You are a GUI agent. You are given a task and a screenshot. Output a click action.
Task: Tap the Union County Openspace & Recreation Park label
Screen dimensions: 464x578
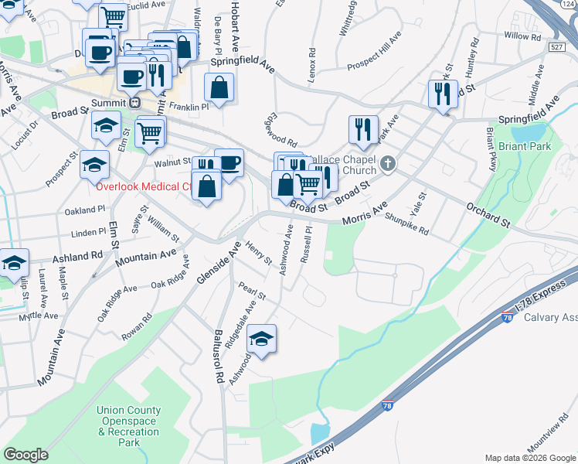point(129,427)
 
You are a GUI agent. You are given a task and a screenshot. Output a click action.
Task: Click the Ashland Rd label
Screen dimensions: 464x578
point(77,255)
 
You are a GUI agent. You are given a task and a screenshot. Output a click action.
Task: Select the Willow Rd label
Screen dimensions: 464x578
point(522,36)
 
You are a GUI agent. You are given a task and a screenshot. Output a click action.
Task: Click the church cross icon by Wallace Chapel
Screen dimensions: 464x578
point(388,164)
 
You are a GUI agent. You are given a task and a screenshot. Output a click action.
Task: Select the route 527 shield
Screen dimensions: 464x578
point(556,48)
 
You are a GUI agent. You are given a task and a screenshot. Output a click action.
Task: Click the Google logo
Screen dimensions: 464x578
point(26,455)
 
